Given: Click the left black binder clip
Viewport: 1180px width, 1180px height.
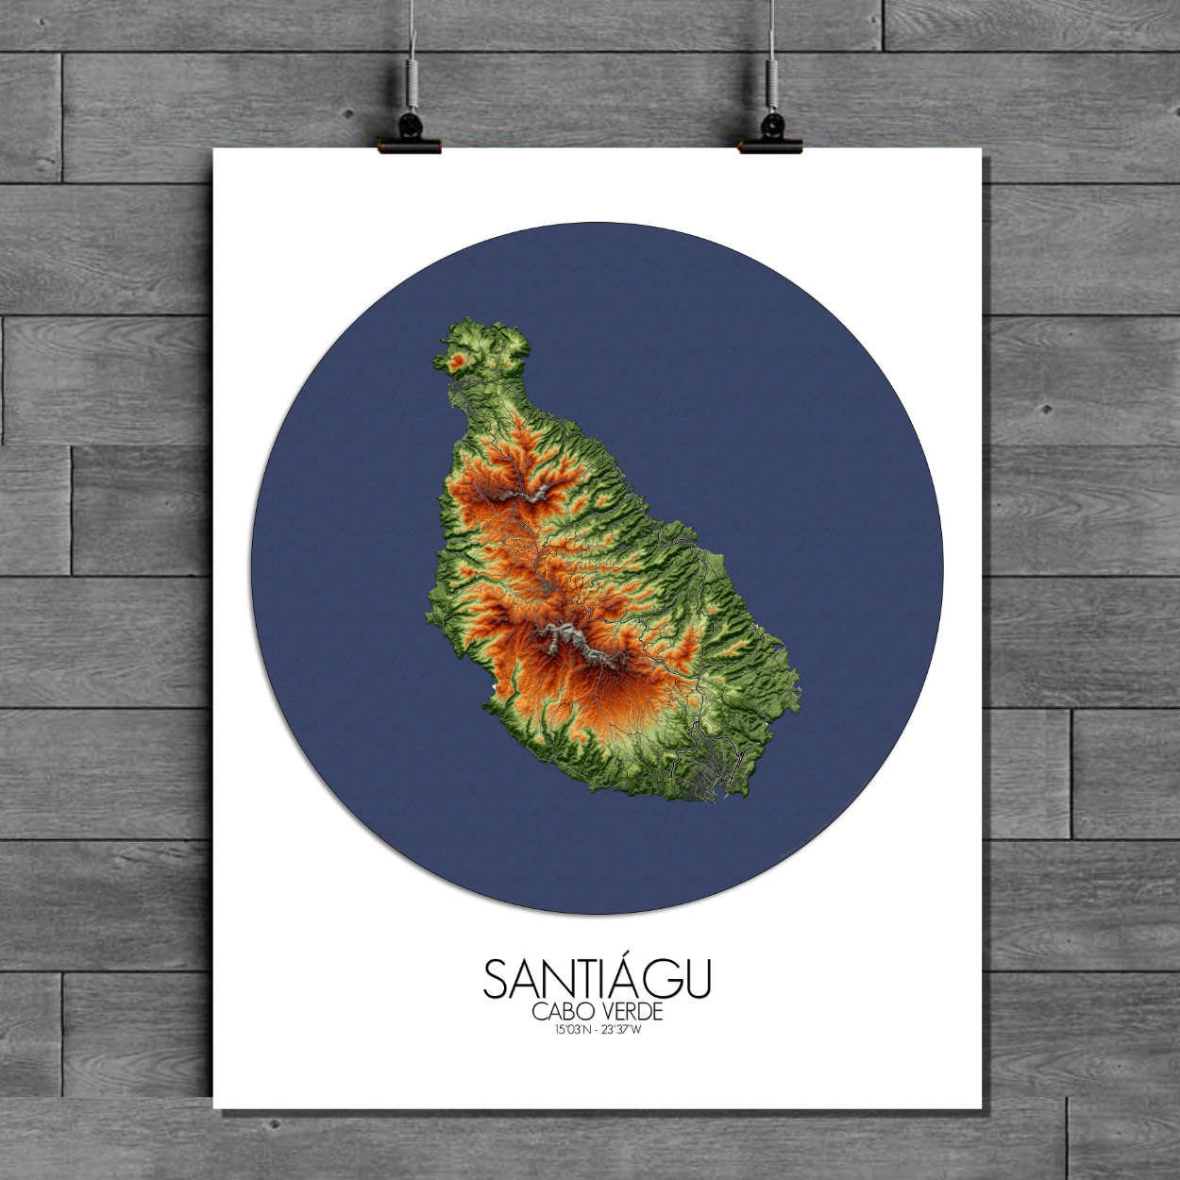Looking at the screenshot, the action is [410, 132].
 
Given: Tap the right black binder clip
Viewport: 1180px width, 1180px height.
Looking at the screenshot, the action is [770, 132].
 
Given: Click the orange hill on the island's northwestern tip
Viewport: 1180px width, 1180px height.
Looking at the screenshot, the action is [459, 360].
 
